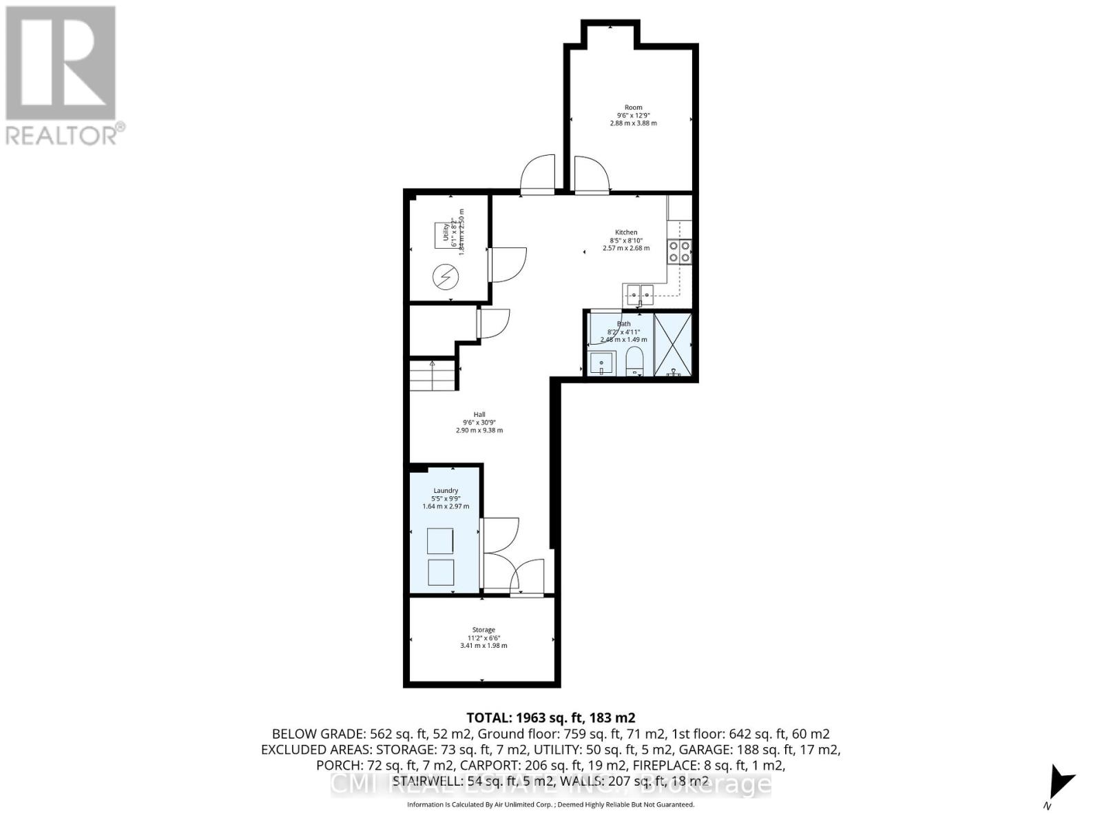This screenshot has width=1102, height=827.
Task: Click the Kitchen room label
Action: pyautogui.click(x=626, y=232)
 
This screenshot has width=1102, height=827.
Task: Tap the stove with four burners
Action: pyautogui.click(x=679, y=252)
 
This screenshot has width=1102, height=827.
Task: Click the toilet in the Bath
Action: pyautogui.click(x=634, y=362)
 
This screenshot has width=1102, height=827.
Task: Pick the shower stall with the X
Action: pyautogui.click(x=672, y=345)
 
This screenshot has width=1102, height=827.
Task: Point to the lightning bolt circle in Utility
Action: pyautogui.click(x=445, y=277)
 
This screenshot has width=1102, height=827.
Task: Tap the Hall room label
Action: pyautogui.click(x=479, y=415)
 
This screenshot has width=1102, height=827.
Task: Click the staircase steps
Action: pyautogui.click(x=433, y=376)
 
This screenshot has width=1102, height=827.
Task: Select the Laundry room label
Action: pyautogui.click(x=446, y=491)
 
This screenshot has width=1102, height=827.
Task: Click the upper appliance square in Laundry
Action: pyautogui.click(x=440, y=541)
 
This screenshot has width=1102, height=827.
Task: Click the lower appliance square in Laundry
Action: pyautogui.click(x=440, y=573)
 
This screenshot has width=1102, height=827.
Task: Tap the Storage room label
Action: pyautogui.click(x=484, y=630)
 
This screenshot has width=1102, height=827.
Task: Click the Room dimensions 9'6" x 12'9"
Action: pyautogui.click(x=633, y=116)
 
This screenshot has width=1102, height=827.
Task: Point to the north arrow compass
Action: pyautogui.click(x=1059, y=783)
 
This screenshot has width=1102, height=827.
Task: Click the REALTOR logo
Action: pyautogui.click(x=62, y=76)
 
